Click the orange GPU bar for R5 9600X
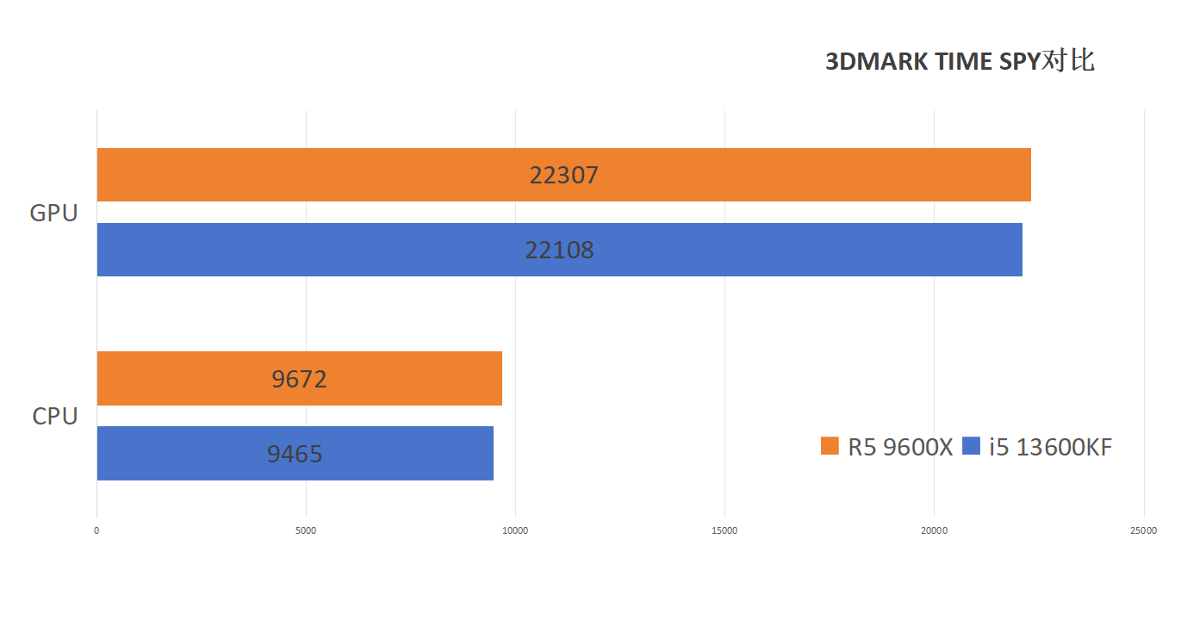(345, 175)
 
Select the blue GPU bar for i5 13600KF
(345, 250)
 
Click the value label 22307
(563, 176)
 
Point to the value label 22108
(559, 251)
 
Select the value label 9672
(299, 379)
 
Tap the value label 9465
(295, 454)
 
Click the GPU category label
(53, 213)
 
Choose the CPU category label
(55, 416)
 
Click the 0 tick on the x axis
(96, 530)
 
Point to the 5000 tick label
(306, 530)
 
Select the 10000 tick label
(515, 530)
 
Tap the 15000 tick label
(724, 530)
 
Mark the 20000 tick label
(934, 530)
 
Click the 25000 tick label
(1143, 530)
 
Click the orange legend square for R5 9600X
(830, 446)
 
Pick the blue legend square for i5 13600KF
(972, 446)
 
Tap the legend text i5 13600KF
(1050, 447)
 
